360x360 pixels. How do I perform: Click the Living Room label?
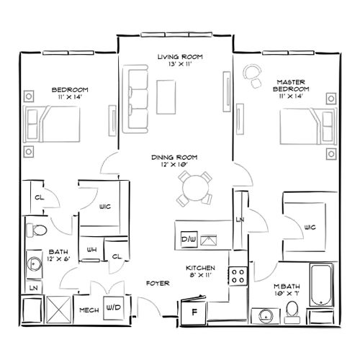coord(181,56)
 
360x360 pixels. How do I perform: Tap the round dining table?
coord(196,189)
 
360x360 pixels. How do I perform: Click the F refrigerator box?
coord(194,311)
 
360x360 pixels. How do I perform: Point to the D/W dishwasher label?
coord(189,238)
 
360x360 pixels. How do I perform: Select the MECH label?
coord(89,310)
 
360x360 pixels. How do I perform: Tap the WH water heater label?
coord(92,250)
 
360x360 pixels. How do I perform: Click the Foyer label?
coord(158,283)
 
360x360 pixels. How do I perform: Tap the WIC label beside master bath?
coord(310,227)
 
